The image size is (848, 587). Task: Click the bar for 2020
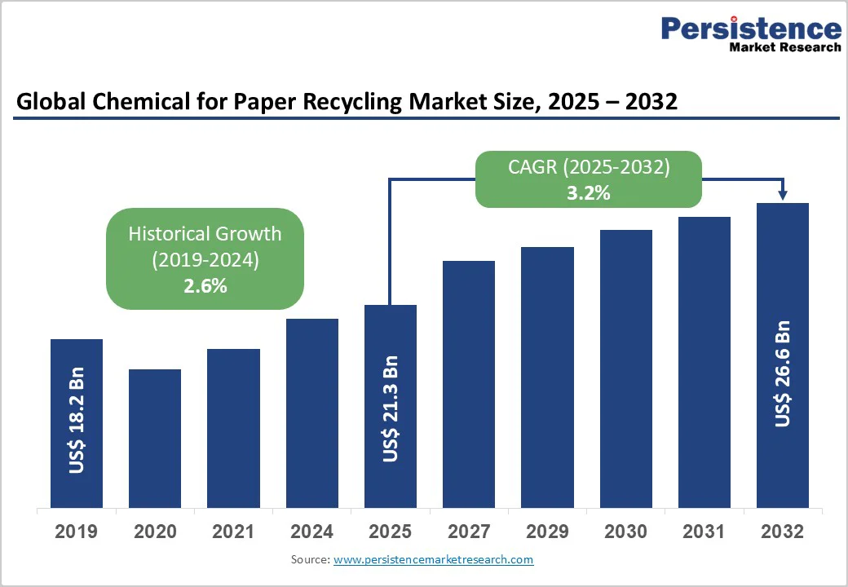155,438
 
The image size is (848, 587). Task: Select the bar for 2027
469,384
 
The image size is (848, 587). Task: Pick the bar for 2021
233,428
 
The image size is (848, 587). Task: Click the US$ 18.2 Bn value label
77,425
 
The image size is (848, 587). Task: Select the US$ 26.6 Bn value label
783,374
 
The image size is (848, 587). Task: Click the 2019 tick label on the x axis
77,532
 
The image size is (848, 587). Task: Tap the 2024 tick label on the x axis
311,532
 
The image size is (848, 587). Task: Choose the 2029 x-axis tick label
547,532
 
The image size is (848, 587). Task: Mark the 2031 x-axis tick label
704,532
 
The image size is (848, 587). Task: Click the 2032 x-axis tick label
782,532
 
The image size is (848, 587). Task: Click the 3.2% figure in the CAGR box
589,193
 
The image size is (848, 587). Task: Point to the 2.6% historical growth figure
205,286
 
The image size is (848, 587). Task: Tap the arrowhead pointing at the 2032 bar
783,195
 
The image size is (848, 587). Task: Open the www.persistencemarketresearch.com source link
433,559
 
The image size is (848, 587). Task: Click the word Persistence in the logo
751,29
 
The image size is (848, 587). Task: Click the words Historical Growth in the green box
205,234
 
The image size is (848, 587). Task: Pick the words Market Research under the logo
785,47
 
